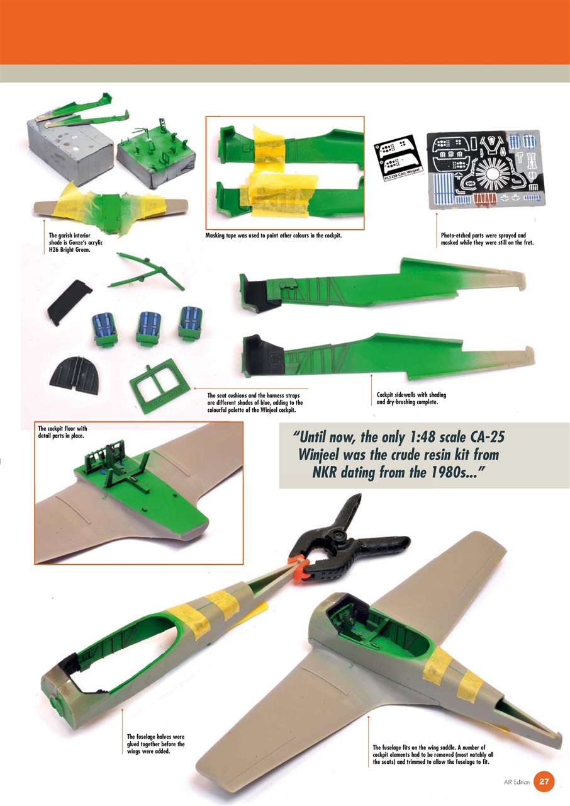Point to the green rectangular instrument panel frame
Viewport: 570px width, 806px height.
click(x=157, y=385)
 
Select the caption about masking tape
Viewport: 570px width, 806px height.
click(x=273, y=236)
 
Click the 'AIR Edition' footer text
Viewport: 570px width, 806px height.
click(x=517, y=782)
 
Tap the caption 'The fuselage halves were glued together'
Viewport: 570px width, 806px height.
click(x=155, y=744)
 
